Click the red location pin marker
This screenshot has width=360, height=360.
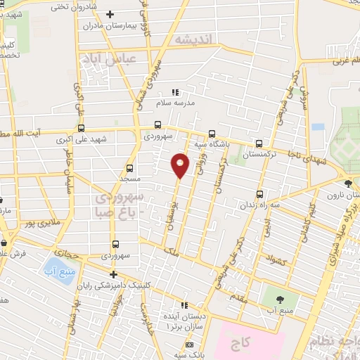[181, 165]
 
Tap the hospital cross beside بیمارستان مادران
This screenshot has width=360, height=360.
[109, 14]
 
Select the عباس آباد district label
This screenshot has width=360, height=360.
[108, 60]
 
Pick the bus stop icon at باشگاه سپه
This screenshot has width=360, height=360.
[212, 133]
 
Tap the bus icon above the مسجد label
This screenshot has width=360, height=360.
[129, 168]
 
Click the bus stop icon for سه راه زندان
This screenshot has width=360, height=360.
[259, 193]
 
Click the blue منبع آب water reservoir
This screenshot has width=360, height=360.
[54, 269]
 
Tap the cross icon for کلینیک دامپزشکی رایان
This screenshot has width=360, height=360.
[112, 275]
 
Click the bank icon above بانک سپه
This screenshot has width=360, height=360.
[189, 345]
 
